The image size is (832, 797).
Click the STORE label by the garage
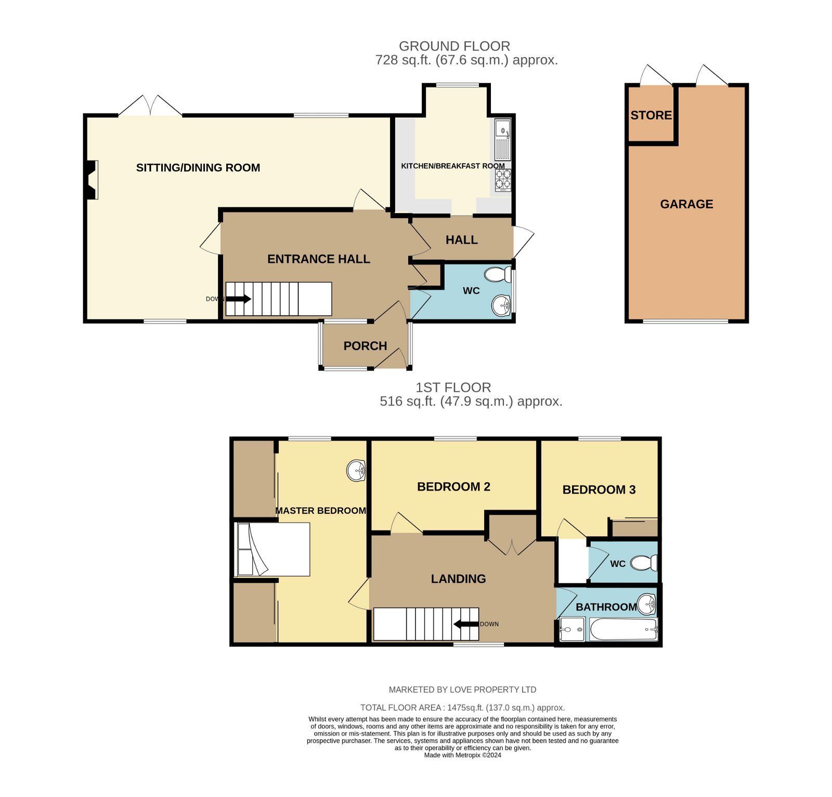(651, 115)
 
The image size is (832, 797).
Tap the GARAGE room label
(686, 204)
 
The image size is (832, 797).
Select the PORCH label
(365, 346)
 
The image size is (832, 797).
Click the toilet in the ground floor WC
(498, 274)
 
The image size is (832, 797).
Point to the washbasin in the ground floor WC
(502, 305)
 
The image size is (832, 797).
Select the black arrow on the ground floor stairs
(239, 299)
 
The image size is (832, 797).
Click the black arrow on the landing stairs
(466, 624)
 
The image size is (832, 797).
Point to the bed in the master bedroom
(272, 549)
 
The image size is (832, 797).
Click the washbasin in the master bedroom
(357, 471)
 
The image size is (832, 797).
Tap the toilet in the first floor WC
(644, 563)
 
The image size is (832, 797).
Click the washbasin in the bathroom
(647, 604)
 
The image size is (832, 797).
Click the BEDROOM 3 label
(599, 489)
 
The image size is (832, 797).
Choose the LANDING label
(458, 579)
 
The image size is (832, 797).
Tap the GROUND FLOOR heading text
(454, 46)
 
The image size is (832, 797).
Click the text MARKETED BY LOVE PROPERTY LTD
(463, 689)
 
